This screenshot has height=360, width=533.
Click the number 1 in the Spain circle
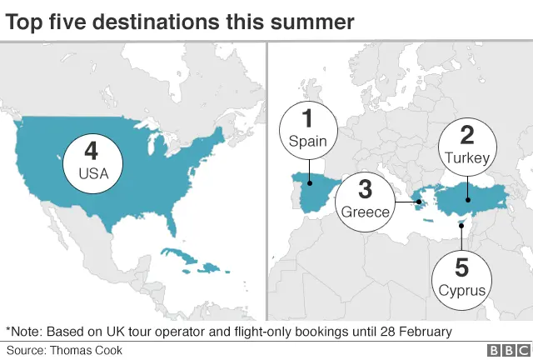[306, 118]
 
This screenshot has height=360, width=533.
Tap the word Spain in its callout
[307, 141]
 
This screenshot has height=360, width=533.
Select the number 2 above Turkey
[467, 134]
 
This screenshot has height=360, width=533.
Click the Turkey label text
[467, 157]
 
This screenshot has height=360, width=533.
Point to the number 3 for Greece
[365, 188]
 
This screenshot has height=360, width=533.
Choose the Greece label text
[365, 212]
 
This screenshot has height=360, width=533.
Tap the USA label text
[92, 174]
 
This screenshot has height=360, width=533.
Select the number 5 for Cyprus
[461, 267]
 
